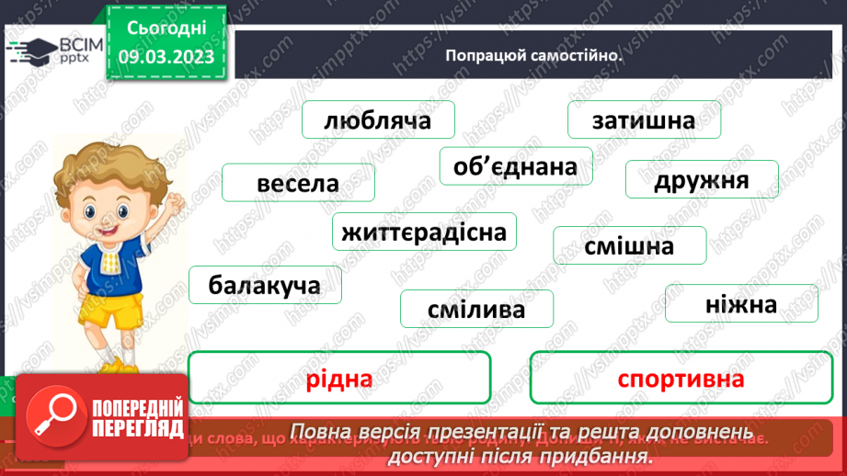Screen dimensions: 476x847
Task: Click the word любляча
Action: pyautogui.click(x=377, y=120)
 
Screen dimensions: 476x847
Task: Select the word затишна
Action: pyautogui.click(x=644, y=120)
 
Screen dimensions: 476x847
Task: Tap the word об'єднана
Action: pyautogui.click(x=515, y=166)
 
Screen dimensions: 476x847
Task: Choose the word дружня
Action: pyautogui.click(x=702, y=179)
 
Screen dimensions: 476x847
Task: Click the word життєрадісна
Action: pyautogui.click(x=424, y=232)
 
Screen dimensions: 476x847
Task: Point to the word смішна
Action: pyautogui.click(x=629, y=245)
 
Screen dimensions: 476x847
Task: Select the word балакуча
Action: pyautogui.click(x=265, y=285)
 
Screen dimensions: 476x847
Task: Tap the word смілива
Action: pyautogui.click(x=476, y=310)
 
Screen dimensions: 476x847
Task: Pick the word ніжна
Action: pyautogui.click(x=741, y=304)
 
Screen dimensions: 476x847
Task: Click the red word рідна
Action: pyautogui.click(x=338, y=379)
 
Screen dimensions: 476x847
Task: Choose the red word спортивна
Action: pyautogui.click(x=681, y=379)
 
